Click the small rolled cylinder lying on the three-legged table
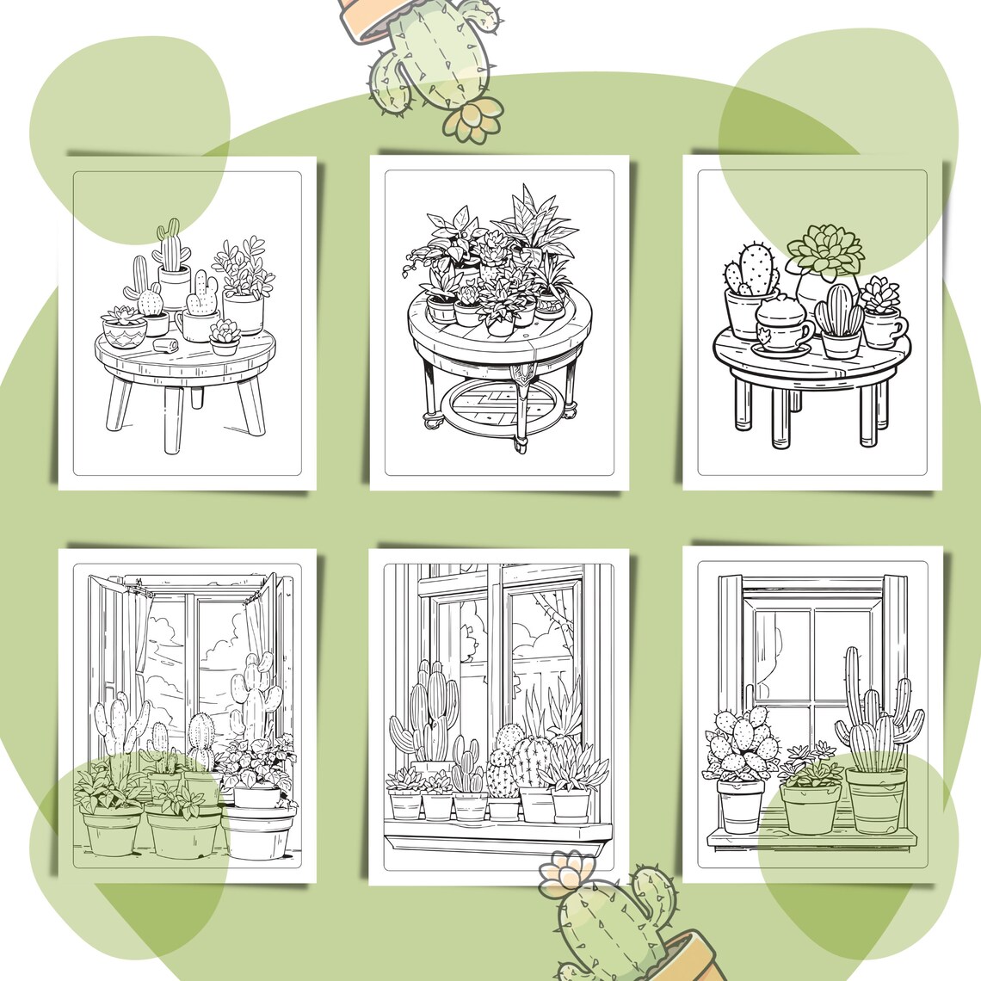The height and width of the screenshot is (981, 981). pos(165,346)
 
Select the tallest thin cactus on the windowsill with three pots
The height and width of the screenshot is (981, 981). pos(852,688)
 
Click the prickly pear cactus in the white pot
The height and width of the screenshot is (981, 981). pos(739,747)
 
